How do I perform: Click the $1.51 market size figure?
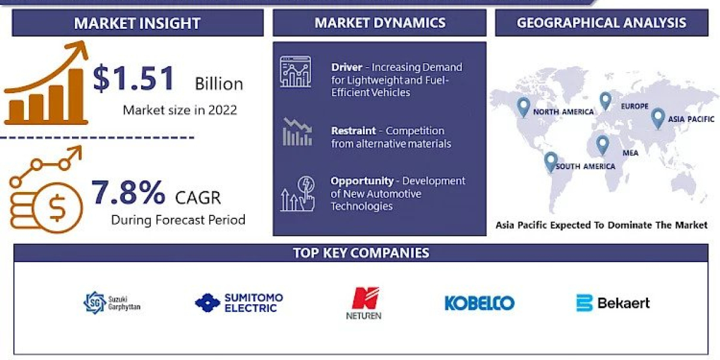click(x=133, y=79)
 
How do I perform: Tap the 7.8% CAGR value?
click(x=128, y=193)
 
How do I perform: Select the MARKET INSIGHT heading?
click(x=137, y=23)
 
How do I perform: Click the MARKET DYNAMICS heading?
click(x=380, y=23)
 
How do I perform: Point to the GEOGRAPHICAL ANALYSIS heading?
click(x=601, y=23)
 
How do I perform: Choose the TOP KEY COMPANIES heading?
click(x=361, y=253)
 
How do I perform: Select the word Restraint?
click(x=353, y=131)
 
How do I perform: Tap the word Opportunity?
click(x=362, y=181)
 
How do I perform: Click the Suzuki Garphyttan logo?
click(x=112, y=302)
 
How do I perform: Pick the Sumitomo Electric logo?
click(x=239, y=302)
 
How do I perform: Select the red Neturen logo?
click(x=364, y=303)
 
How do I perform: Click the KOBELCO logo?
click(x=479, y=303)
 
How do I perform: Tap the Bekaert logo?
click(x=613, y=303)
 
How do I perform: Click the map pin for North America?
click(x=524, y=107)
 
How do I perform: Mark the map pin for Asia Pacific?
click(x=658, y=118)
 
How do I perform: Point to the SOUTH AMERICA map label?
click(x=585, y=166)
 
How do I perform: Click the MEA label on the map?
click(x=630, y=153)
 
